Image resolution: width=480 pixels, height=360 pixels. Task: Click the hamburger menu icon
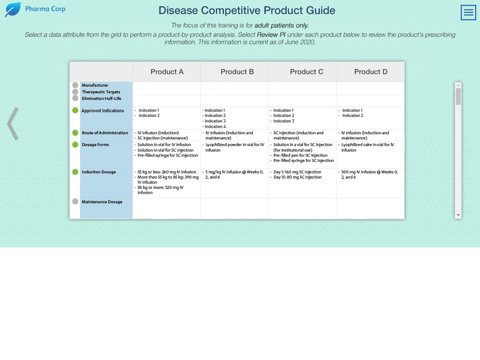468,12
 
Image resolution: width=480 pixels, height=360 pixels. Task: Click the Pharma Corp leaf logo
13,9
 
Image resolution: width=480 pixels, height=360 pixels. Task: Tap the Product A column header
167,72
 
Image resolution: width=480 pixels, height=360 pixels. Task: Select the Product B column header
237,72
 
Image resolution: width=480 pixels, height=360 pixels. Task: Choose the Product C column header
306,72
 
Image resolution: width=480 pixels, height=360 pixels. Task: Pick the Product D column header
371,72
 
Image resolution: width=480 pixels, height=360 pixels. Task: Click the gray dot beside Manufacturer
75,85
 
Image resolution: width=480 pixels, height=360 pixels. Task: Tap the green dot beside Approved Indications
75,110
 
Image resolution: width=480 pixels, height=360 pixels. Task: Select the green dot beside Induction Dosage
75,172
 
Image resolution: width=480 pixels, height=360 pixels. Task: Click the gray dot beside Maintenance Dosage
75,201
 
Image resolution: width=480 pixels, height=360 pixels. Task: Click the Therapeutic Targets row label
101,92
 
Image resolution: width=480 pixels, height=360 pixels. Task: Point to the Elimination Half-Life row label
101,99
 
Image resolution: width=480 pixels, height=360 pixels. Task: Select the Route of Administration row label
105,133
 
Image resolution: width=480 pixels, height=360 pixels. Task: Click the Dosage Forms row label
95,145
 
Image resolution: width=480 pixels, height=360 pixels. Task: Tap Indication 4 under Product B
215,126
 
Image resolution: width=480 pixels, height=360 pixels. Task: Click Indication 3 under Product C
284,121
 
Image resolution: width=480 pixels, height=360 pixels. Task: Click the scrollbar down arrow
458,215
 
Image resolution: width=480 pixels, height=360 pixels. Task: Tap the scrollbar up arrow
458,85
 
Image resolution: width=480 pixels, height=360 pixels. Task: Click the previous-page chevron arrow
13,124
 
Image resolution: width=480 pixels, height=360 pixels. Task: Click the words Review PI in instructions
271,35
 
